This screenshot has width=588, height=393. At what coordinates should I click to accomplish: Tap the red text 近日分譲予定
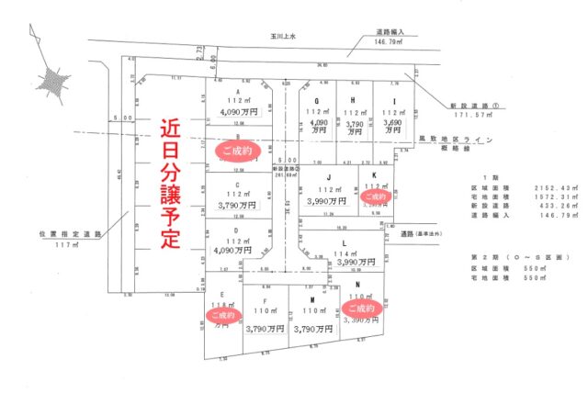pos(170,183)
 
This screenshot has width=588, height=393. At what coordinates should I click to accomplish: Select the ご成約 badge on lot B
pos(237,147)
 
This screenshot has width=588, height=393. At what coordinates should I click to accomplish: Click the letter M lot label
pos(313,299)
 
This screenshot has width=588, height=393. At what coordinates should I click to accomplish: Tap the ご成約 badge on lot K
pos(377,196)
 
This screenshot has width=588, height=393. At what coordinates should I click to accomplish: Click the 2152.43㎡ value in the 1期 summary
pos(550,186)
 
